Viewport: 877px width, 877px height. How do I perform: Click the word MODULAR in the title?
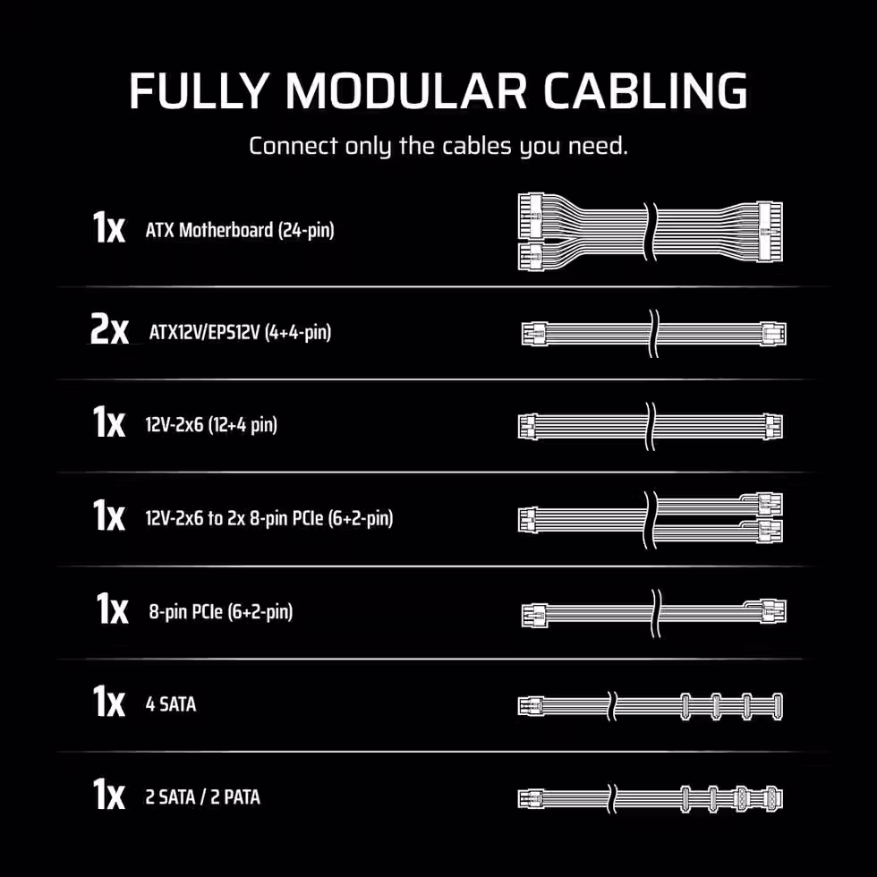click(406, 90)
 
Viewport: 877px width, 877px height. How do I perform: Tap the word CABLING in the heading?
click(645, 90)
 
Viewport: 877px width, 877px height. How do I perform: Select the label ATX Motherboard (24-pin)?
click(240, 230)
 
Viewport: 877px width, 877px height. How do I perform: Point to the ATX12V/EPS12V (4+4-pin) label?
click(241, 333)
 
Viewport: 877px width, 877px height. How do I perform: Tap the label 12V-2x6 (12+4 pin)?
click(211, 425)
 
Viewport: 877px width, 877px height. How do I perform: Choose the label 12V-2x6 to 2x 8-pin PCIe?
click(269, 518)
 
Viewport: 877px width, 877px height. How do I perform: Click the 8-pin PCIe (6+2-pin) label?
click(221, 611)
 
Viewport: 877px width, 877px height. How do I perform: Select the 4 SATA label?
click(171, 704)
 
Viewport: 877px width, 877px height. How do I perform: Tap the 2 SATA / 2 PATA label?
click(202, 797)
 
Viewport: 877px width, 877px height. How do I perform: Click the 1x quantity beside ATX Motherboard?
click(108, 227)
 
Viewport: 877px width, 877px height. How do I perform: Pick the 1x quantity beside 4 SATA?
click(108, 702)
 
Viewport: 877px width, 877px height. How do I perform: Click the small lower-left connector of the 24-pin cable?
click(530, 257)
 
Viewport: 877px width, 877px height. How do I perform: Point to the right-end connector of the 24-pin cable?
click(771, 232)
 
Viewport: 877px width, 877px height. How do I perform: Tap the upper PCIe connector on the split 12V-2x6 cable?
click(771, 504)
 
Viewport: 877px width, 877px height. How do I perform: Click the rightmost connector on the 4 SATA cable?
click(777, 706)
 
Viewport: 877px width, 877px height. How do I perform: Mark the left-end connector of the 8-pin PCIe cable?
click(535, 615)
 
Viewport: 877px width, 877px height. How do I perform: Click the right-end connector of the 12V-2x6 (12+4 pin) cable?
click(774, 427)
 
